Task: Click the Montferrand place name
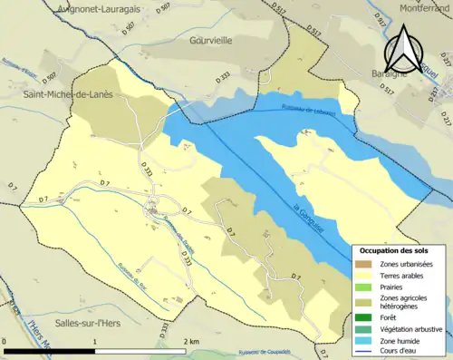pos(418,7)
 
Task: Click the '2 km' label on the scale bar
pos(192,342)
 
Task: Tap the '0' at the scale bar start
pos(6,342)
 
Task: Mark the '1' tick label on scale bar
pos(95,342)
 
